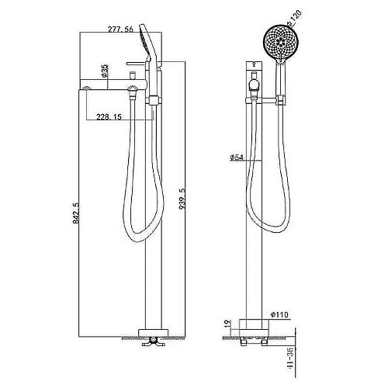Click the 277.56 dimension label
[x=120, y=29]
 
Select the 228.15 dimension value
[x=109, y=117]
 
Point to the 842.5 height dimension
[x=76, y=213]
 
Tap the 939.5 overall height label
[x=182, y=199]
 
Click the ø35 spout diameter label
[x=105, y=71]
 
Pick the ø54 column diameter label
[x=237, y=157]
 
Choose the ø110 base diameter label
[x=279, y=315]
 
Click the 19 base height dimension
[x=227, y=324]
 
